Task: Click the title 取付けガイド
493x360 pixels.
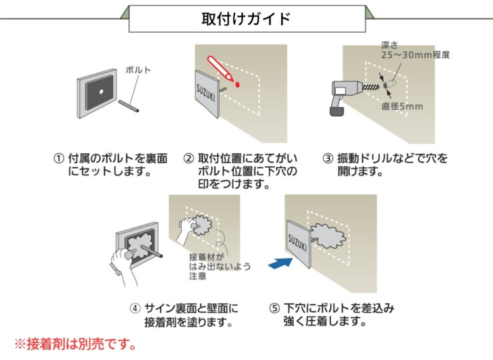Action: pos(246,18)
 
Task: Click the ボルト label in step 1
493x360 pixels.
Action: pos(138,69)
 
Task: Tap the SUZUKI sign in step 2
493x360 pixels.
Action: pos(207,93)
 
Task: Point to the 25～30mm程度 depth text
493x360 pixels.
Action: pos(415,55)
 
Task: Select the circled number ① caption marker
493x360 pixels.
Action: pos(59,159)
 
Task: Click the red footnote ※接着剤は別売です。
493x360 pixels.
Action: pos(75,345)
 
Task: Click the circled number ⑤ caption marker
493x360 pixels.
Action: pos(274,309)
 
